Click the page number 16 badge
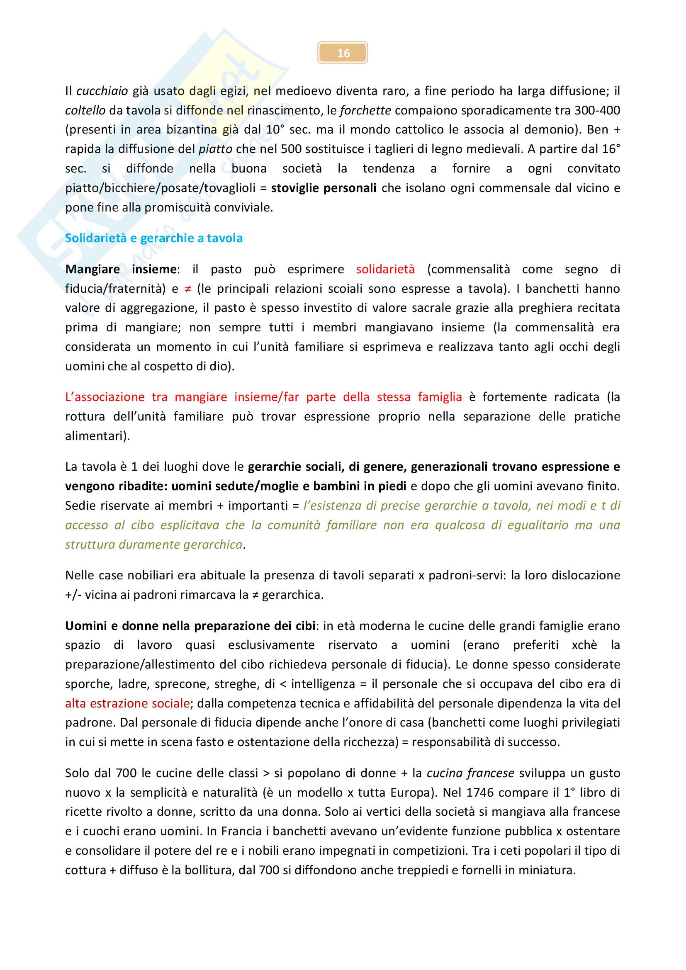click(343, 53)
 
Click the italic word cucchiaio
click(102, 91)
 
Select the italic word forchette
click(365, 110)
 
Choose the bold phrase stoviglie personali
click(324, 187)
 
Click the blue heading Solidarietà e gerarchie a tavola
click(154, 238)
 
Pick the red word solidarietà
click(385, 269)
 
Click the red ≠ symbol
click(188, 289)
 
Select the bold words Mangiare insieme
click(121, 269)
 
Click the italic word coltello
click(85, 110)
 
